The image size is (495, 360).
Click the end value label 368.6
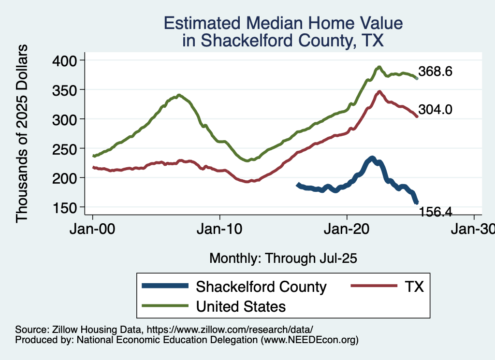pyautogui.click(x=436, y=72)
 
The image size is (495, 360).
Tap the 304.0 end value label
pyautogui.click(x=436, y=110)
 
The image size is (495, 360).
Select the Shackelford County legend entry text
pyautogui.click(x=261, y=287)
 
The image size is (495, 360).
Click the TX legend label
pyautogui.click(x=414, y=287)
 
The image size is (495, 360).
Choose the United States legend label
pyautogui.click(x=241, y=306)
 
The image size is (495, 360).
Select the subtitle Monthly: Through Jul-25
pyautogui.click(x=283, y=259)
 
